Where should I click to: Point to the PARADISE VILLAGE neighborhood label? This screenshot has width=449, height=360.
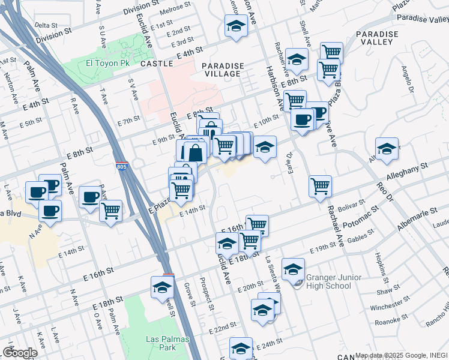point(223,70)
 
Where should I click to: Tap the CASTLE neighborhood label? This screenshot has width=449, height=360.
point(157,63)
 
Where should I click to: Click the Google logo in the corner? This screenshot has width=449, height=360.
point(20,353)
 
